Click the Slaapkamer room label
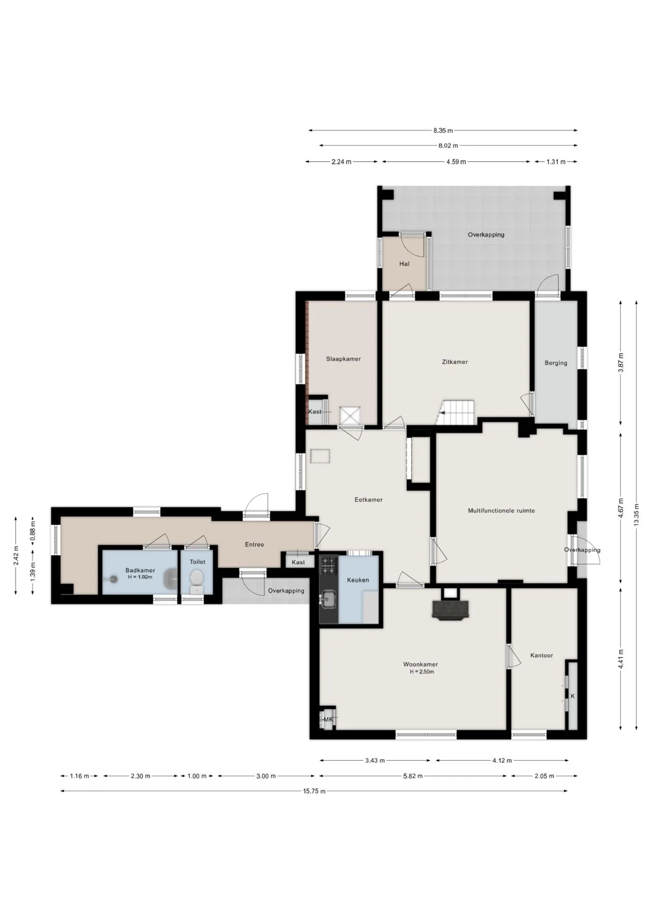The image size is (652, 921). [x=343, y=359]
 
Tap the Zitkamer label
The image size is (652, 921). [x=455, y=362]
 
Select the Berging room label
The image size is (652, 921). [x=556, y=363]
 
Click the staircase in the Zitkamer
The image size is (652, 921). [x=458, y=413]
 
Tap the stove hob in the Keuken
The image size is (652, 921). [x=329, y=565]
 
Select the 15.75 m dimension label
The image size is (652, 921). [x=314, y=791]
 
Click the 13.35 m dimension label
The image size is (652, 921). [x=636, y=515]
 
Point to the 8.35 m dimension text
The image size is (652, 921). [x=443, y=130]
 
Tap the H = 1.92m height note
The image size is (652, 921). [x=140, y=577]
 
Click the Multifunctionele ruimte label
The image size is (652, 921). [x=501, y=510]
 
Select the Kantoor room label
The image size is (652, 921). [x=542, y=655]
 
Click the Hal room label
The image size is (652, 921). [x=404, y=264]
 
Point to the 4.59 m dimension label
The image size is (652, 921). [x=456, y=162]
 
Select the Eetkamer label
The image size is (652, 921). [x=369, y=499]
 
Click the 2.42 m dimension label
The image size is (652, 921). [x=16, y=555]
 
